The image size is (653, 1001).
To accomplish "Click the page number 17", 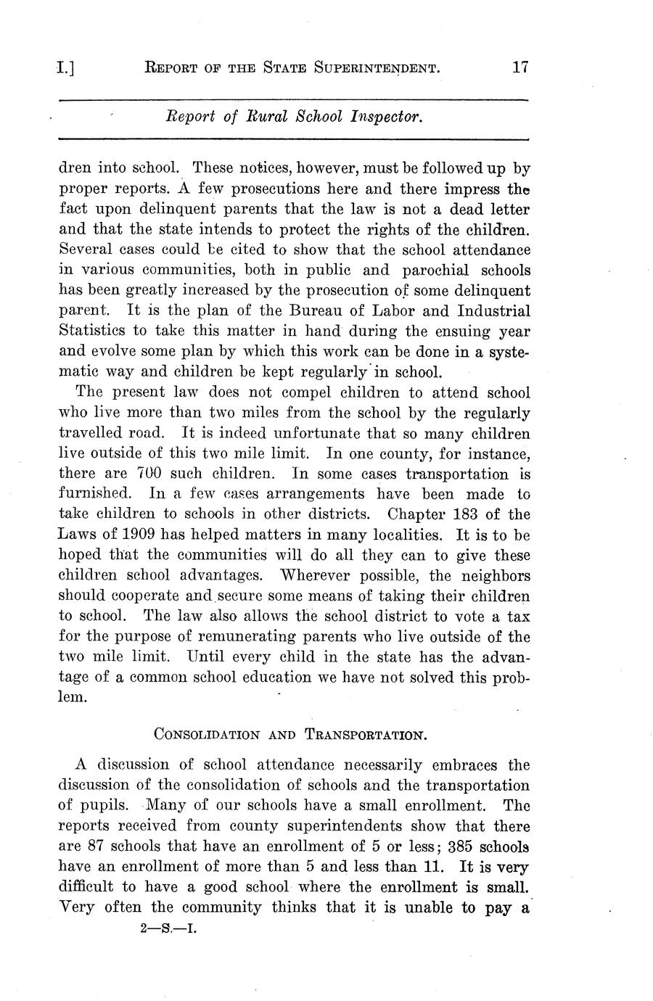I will tap(519, 68).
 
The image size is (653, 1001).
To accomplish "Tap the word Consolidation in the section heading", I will tap(207, 734).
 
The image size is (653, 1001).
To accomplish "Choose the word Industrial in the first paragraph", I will tap(494, 311).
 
